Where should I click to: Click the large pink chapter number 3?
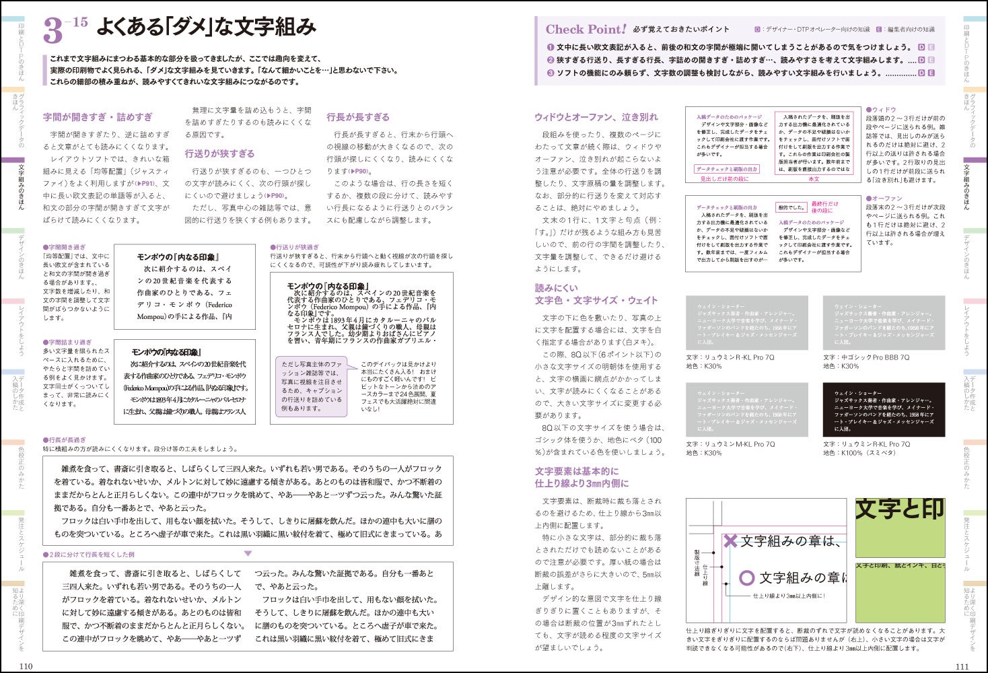tap(53, 32)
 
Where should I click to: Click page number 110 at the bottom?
tap(26, 666)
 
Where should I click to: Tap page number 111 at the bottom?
tap(962, 666)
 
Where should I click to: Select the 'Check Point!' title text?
tap(586, 30)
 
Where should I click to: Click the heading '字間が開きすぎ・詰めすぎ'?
tap(98, 117)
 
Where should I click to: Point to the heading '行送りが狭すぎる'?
tap(219, 153)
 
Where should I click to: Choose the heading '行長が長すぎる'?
tap(357, 117)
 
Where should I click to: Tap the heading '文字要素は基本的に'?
tap(576, 471)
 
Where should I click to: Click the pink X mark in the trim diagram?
tap(730, 540)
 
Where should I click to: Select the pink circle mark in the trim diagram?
tap(746, 577)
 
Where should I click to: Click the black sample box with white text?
tap(884, 410)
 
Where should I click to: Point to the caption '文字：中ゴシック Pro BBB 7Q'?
tap(866, 357)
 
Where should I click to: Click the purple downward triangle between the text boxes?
tap(248, 553)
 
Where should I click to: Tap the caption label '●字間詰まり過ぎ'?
tap(67, 342)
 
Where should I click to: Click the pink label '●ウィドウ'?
tap(881, 109)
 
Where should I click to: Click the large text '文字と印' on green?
tap(899, 509)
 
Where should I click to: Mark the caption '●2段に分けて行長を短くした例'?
tap(89, 555)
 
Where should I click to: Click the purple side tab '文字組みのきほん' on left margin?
tap(22, 186)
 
